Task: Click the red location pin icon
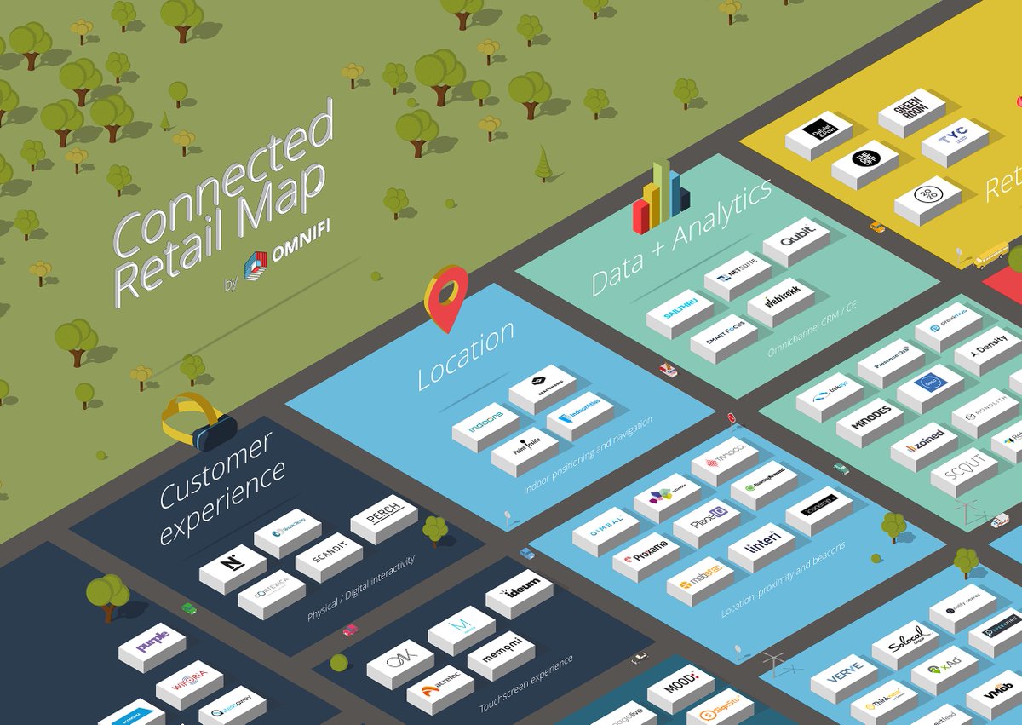point(446,294)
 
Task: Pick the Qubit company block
point(795,239)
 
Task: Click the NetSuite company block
point(737,274)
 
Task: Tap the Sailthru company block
point(679,312)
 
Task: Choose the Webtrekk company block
point(780,300)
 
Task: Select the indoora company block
point(485,425)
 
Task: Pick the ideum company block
point(519,594)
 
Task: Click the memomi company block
point(501,653)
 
